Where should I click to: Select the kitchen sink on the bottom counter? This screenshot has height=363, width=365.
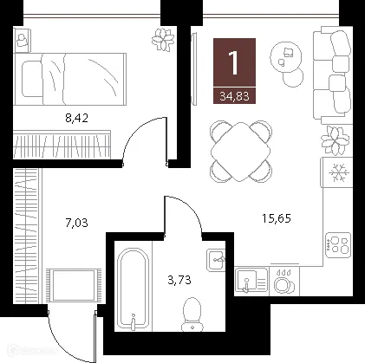pos(251,279)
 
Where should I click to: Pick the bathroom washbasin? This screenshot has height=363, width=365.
pos(217,260)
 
